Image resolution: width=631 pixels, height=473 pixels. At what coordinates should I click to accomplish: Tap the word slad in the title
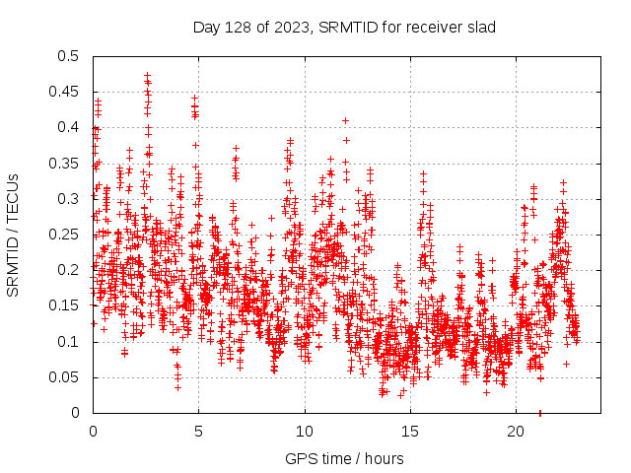click(480, 26)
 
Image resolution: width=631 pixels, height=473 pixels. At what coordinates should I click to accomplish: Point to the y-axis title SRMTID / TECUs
click(14, 235)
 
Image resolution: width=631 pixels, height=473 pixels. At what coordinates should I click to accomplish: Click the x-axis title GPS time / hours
click(344, 458)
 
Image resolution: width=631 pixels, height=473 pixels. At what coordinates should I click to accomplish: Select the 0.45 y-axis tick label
click(65, 92)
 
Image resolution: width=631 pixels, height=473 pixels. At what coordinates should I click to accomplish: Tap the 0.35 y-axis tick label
click(65, 163)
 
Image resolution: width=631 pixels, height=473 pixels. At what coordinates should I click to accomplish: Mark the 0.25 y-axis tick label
click(65, 235)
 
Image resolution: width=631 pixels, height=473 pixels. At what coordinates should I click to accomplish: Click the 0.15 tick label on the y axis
click(65, 305)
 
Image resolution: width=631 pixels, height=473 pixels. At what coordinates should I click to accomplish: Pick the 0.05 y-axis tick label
click(65, 377)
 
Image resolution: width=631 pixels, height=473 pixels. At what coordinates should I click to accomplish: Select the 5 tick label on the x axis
click(198, 431)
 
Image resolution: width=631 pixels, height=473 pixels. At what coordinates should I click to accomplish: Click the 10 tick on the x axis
click(305, 431)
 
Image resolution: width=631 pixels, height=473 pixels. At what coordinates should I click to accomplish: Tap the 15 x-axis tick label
click(410, 431)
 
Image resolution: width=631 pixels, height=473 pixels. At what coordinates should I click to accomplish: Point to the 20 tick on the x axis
click(516, 431)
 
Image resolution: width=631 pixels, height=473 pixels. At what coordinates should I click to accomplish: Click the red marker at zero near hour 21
click(539, 412)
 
